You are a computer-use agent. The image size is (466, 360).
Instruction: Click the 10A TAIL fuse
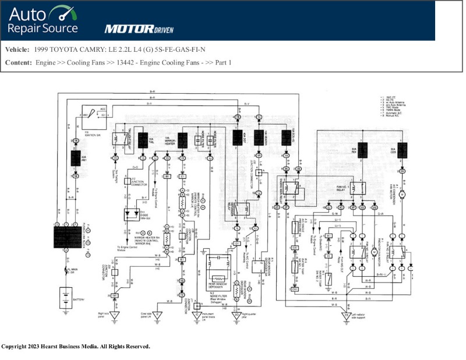(x=142, y=140)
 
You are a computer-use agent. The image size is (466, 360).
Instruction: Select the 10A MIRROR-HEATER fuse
(x=182, y=140)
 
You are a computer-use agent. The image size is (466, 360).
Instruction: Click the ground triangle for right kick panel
(x=115, y=315)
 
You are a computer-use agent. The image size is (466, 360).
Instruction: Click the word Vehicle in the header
(x=17, y=50)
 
